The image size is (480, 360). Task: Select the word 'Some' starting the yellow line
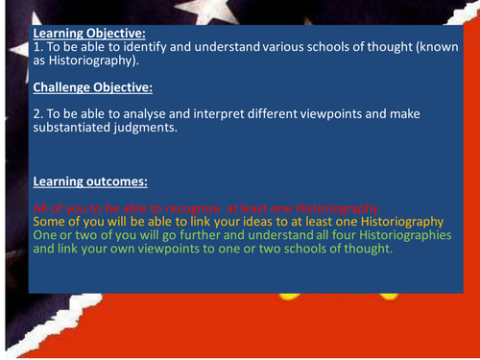coord(48,221)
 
